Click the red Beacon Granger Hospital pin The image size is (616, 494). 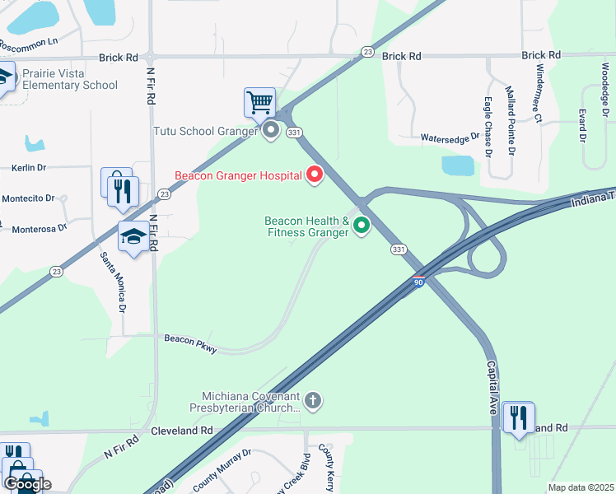click(x=314, y=175)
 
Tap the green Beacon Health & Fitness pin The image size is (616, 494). click(x=361, y=225)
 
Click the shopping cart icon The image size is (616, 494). click(x=259, y=104)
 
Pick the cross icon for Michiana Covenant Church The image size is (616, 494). click(x=312, y=402)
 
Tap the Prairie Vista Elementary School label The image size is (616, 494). click(x=70, y=79)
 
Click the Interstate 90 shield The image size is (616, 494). click(x=419, y=282)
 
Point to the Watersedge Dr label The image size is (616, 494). click(x=450, y=138)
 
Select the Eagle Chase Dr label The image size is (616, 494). click(x=488, y=127)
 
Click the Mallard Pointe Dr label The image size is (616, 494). click(x=510, y=120)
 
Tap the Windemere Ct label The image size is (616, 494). click(x=539, y=95)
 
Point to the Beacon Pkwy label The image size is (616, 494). click(x=190, y=344)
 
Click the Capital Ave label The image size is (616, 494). click(x=493, y=388)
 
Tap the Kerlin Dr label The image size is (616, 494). click(x=29, y=167)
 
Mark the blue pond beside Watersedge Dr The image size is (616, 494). click(x=458, y=165)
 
